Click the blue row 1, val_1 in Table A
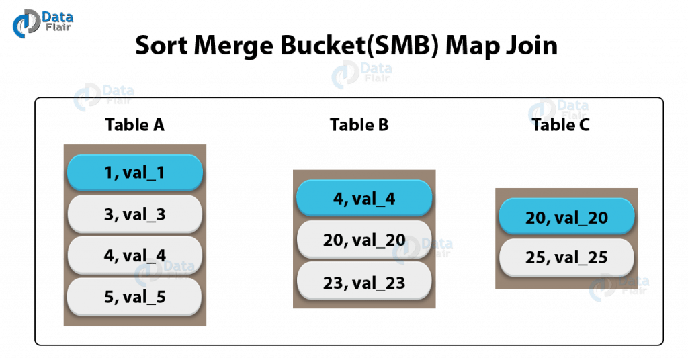(134, 173)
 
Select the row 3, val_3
(134, 214)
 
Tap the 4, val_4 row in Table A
(134, 255)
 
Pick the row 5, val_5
(134, 296)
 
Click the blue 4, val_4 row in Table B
(363, 198)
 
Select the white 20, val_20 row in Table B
(363, 240)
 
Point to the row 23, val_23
(363, 282)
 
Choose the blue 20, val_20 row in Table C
(566, 217)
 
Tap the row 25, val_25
(566, 257)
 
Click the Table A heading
(134, 124)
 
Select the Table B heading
(359, 124)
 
